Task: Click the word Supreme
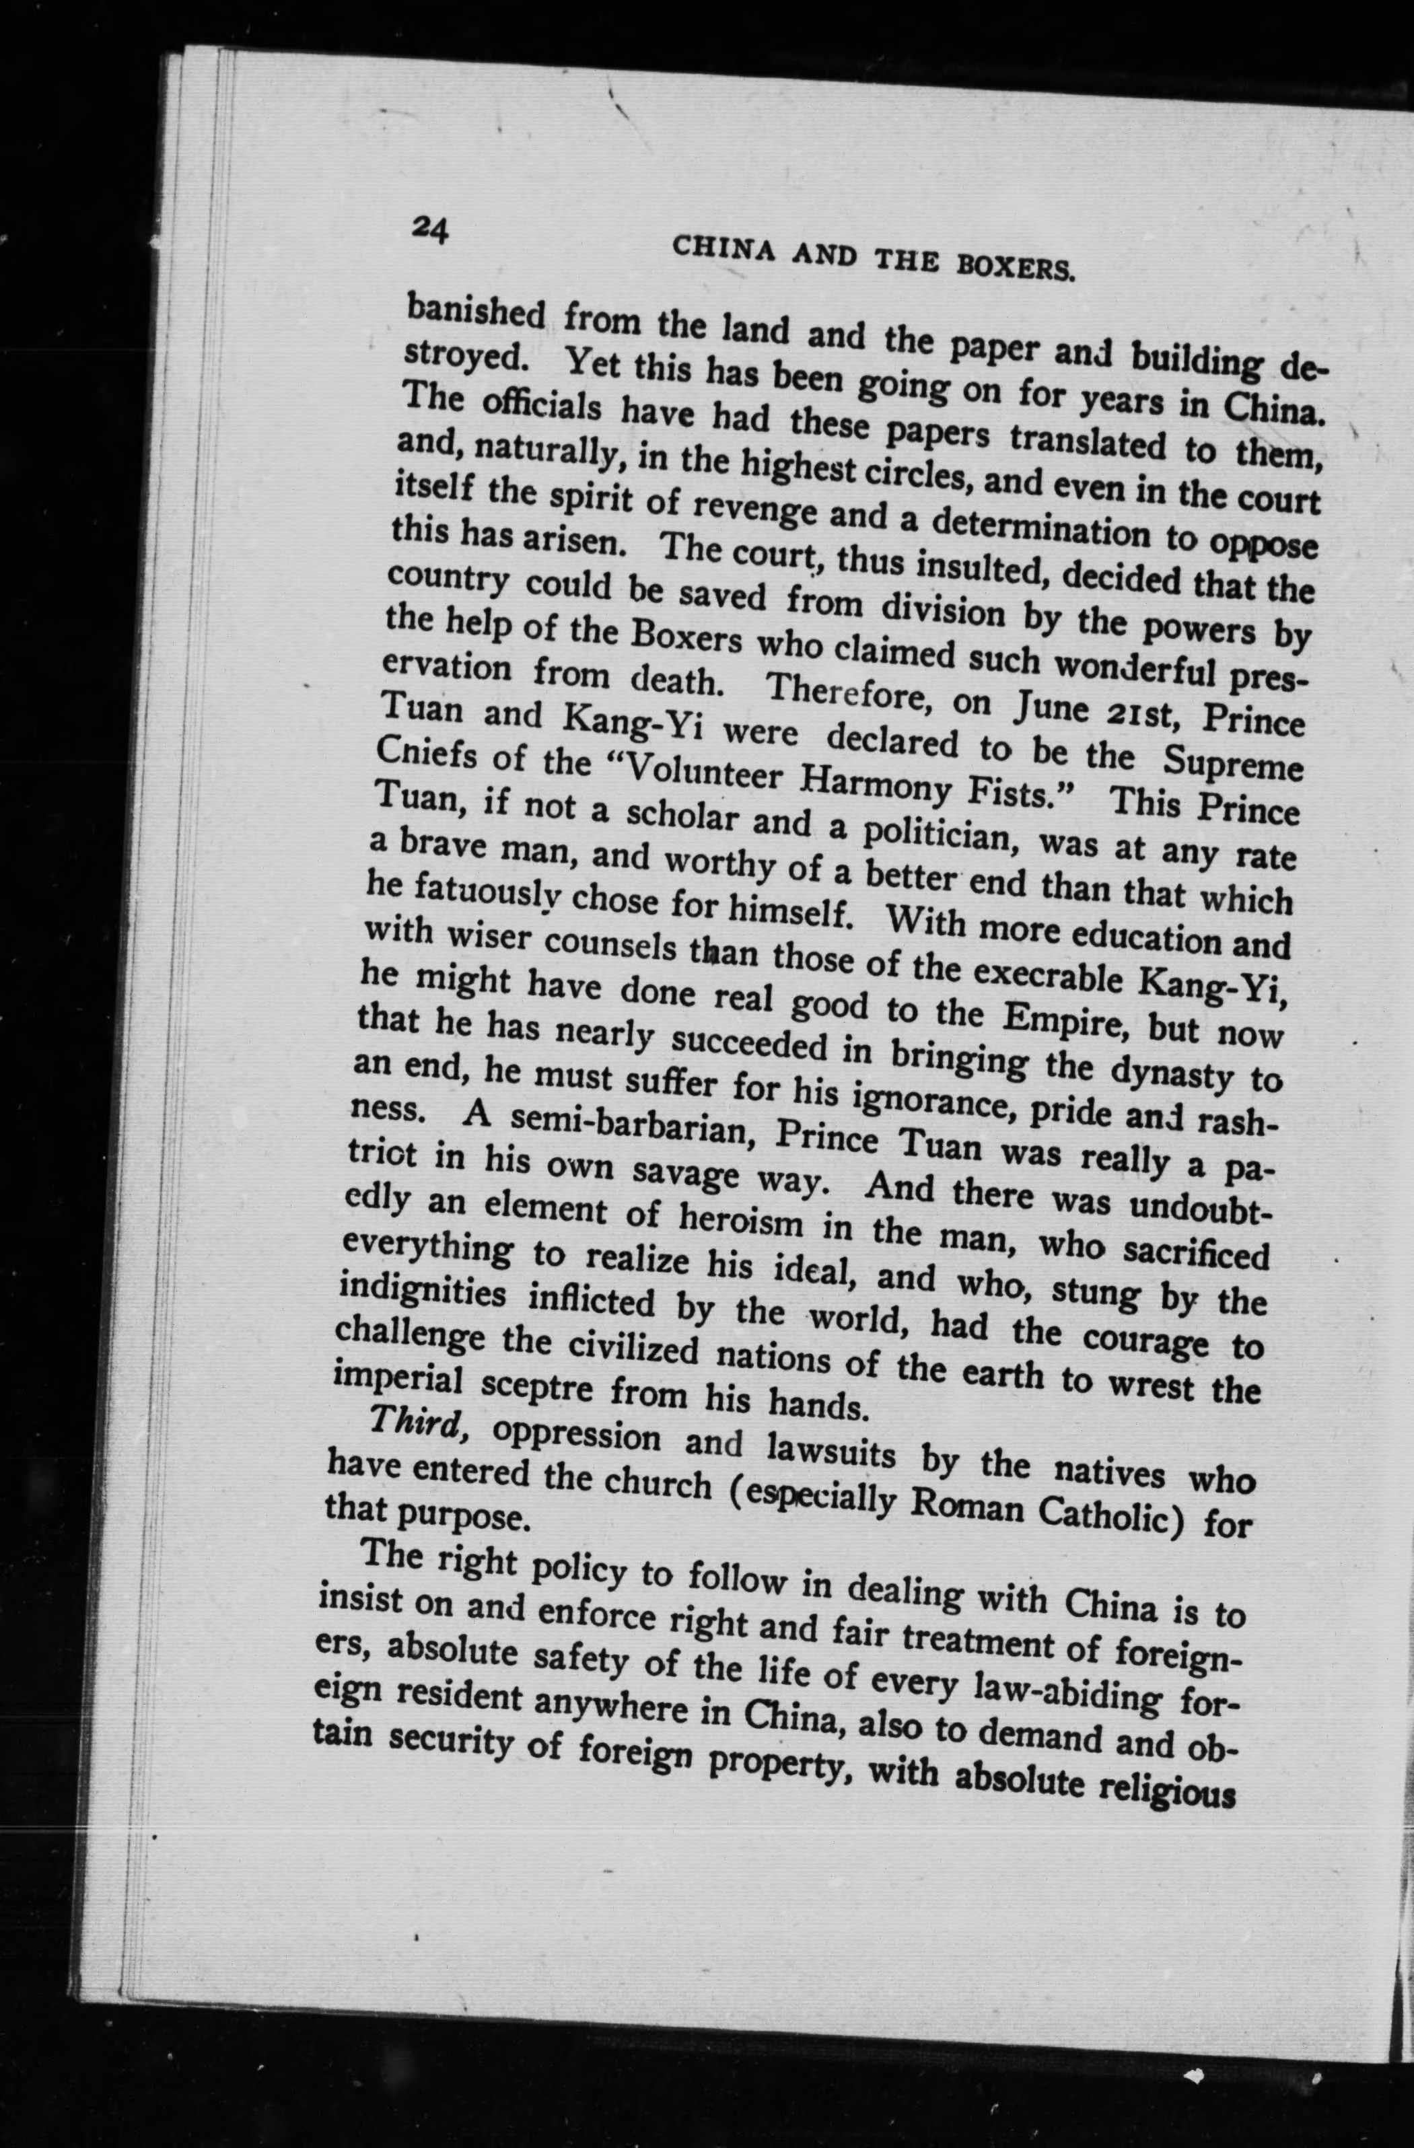point(1232,764)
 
